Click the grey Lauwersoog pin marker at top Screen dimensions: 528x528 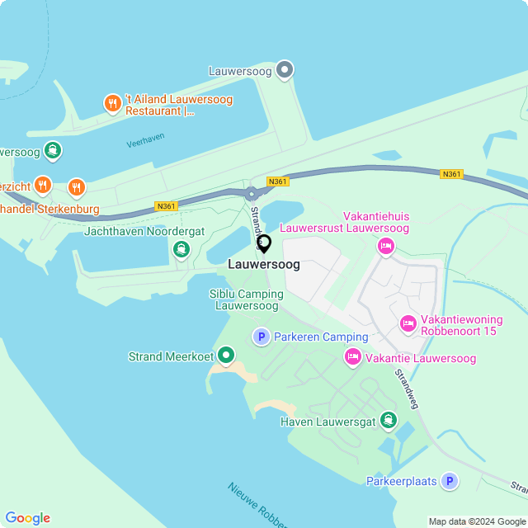point(285,70)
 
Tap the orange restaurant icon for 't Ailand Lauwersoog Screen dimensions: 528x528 point(113,104)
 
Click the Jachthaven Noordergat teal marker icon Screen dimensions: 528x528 point(181,248)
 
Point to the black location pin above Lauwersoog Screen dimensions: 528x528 point(264,243)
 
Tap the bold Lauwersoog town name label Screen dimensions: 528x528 point(264,266)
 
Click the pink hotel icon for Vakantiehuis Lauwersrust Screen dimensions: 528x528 point(385,246)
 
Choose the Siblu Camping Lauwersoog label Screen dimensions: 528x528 point(247,299)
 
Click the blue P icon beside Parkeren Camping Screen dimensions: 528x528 point(262,337)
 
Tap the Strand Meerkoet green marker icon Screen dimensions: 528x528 point(225,356)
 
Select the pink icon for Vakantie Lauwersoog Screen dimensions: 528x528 point(353,357)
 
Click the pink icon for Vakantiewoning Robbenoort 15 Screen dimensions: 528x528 point(408,324)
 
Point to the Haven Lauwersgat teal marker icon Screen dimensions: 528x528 point(388,421)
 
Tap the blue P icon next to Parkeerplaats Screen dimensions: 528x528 point(449,481)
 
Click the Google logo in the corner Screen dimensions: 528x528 point(28,517)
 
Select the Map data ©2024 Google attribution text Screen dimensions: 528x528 point(477,521)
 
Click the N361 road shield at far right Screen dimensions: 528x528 point(451,174)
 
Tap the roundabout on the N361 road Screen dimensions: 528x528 point(252,194)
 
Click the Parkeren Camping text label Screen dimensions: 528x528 point(321,337)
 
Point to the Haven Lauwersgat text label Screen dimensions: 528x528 point(328,422)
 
